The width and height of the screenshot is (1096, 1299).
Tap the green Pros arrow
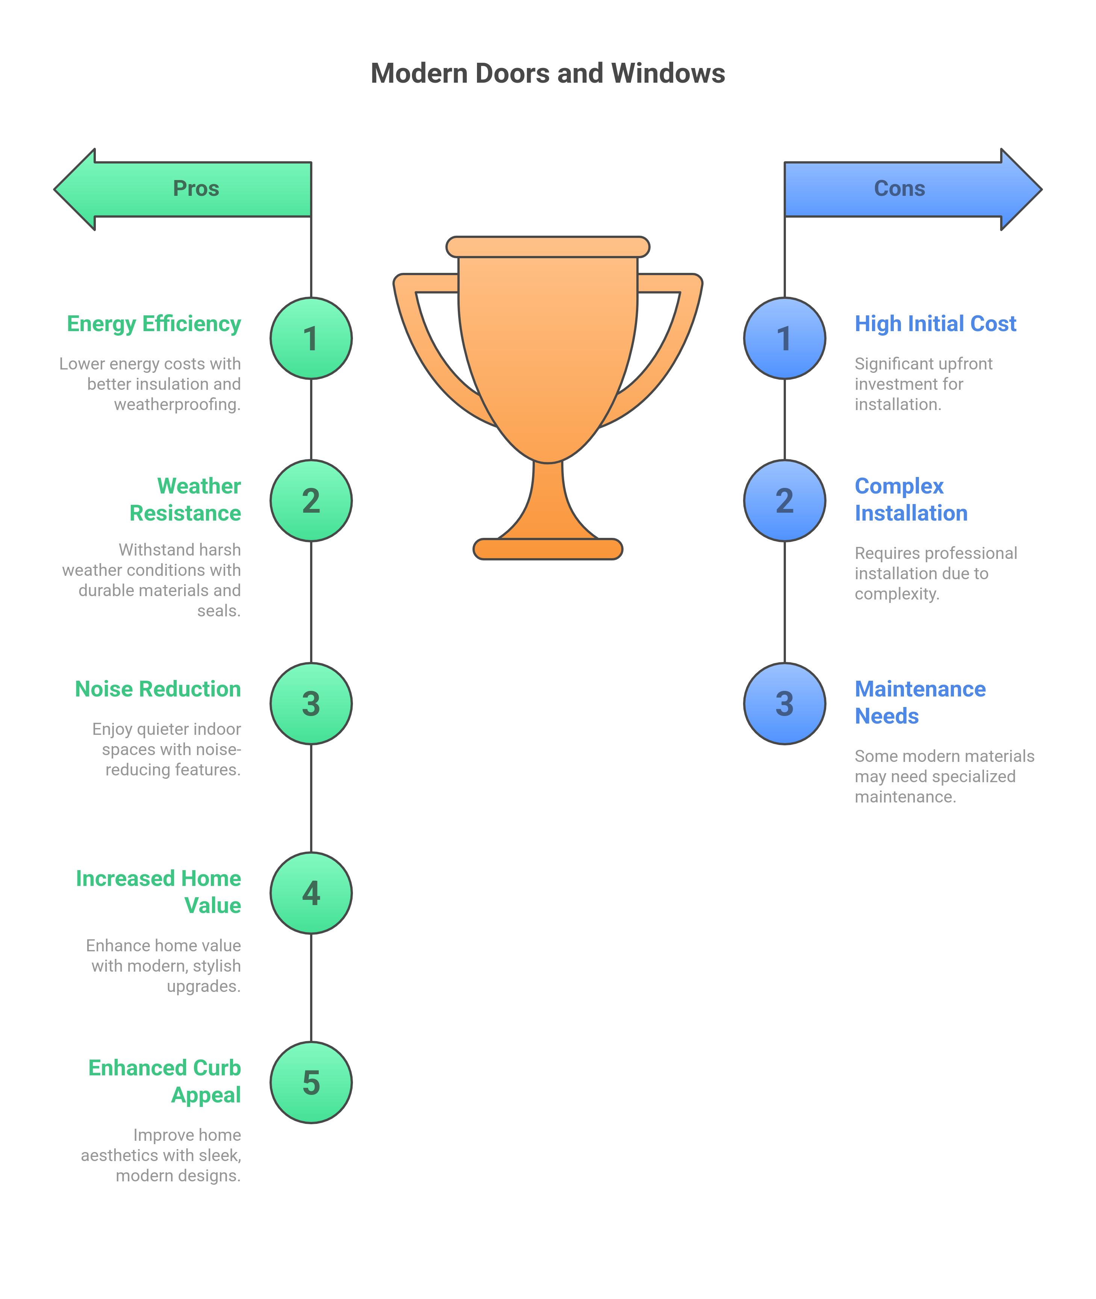click(183, 189)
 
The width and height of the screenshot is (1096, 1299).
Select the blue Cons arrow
click(913, 189)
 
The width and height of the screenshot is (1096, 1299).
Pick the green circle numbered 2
click(311, 501)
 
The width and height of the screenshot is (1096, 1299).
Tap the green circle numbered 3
click(311, 704)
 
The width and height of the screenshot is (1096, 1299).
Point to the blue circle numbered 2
click(785, 501)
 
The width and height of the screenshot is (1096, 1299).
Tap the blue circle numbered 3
click(785, 704)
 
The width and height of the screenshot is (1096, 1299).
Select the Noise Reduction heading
click(158, 689)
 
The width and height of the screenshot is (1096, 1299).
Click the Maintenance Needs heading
click(920, 702)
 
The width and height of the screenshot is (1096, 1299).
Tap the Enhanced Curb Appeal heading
click(165, 1082)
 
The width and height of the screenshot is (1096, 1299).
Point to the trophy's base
click(548, 549)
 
